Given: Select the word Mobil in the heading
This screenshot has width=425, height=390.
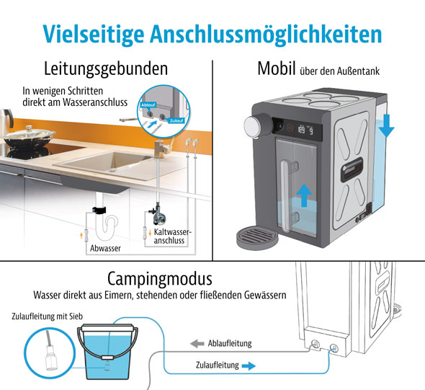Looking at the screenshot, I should [x=274, y=71].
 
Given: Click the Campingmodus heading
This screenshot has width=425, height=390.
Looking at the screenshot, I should [x=160, y=278].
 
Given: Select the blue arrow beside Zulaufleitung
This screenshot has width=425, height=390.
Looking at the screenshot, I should [x=249, y=366].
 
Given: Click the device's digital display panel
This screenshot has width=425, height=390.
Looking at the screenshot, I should [x=303, y=130].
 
